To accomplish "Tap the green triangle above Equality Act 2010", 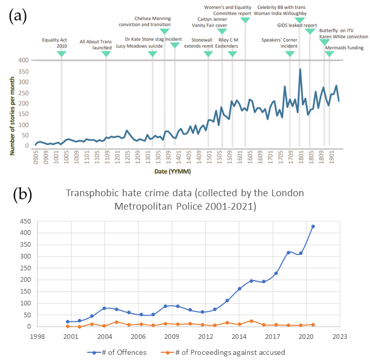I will click(x=61, y=54).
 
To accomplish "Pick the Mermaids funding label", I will click(x=344, y=48).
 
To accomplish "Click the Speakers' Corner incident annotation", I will click(x=280, y=43).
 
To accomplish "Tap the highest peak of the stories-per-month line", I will click(x=300, y=69).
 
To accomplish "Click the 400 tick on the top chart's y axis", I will click(x=23, y=60).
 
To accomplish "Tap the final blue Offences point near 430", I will click(x=313, y=226).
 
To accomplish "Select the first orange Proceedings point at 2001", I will click(x=68, y=326).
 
